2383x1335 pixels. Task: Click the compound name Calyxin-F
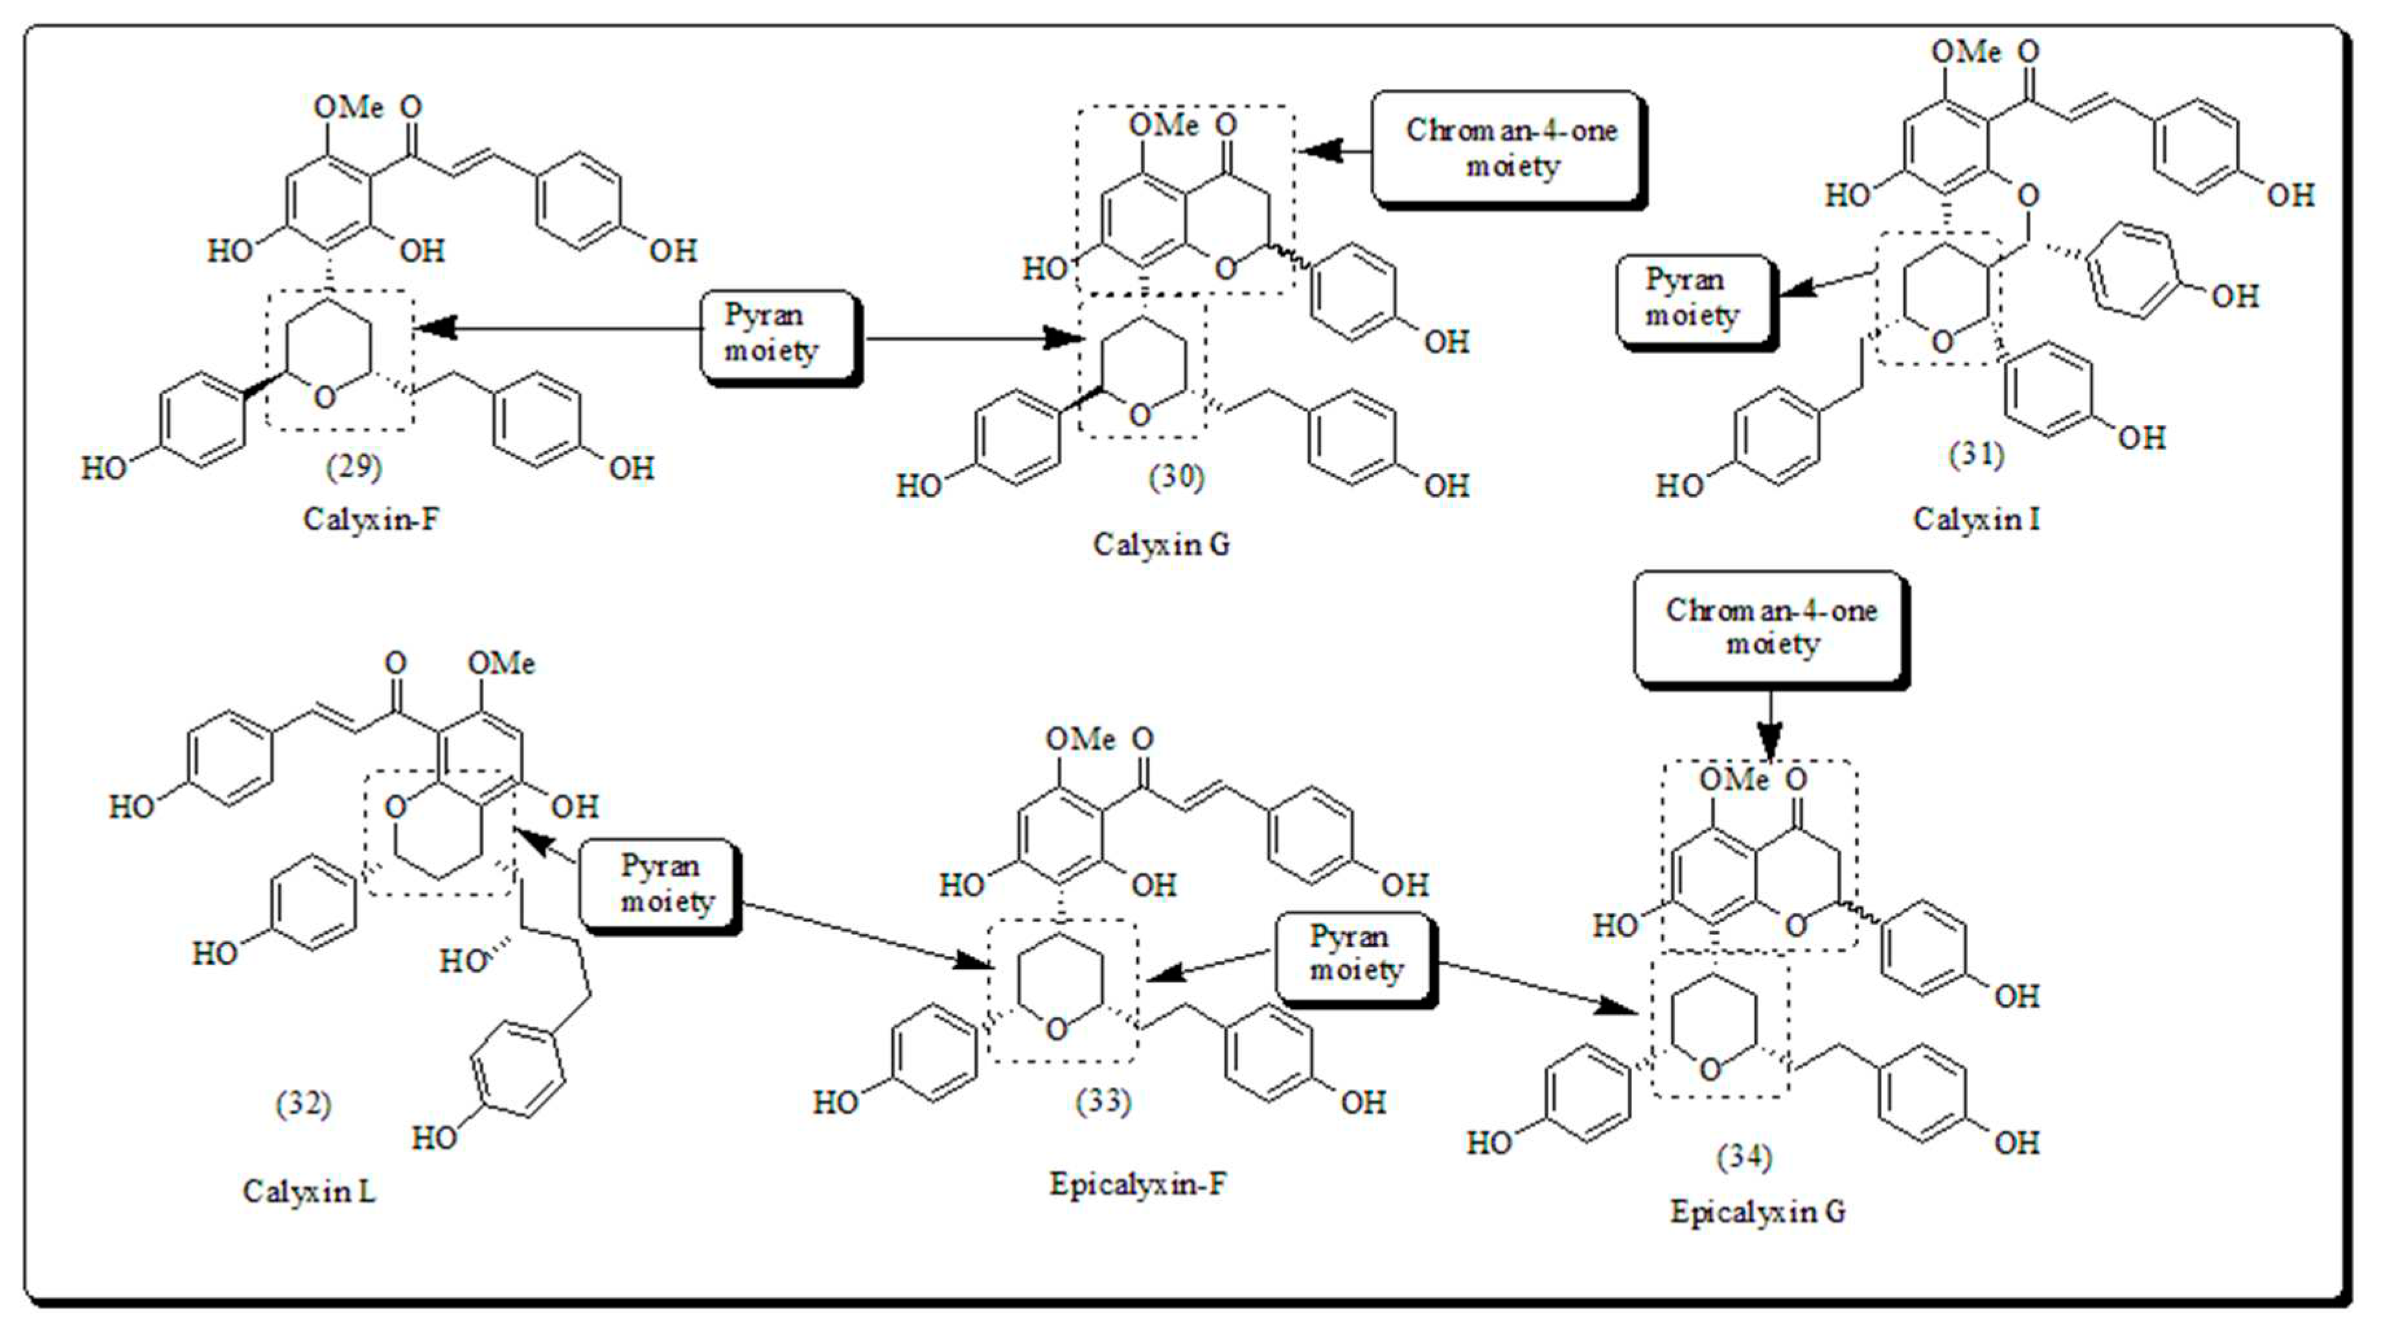point(371,519)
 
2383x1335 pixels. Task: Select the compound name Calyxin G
point(1162,544)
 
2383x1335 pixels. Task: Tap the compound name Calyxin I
point(1976,519)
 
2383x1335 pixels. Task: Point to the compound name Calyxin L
point(309,1190)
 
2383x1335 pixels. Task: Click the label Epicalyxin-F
point(1138,1183)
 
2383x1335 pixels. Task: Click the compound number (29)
point(353,467)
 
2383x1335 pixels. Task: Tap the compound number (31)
point(1976,454)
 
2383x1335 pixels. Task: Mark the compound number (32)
point(303,1103)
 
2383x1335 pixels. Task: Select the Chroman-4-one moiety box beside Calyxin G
point(1510,148)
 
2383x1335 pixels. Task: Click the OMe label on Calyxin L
point(500,664)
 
